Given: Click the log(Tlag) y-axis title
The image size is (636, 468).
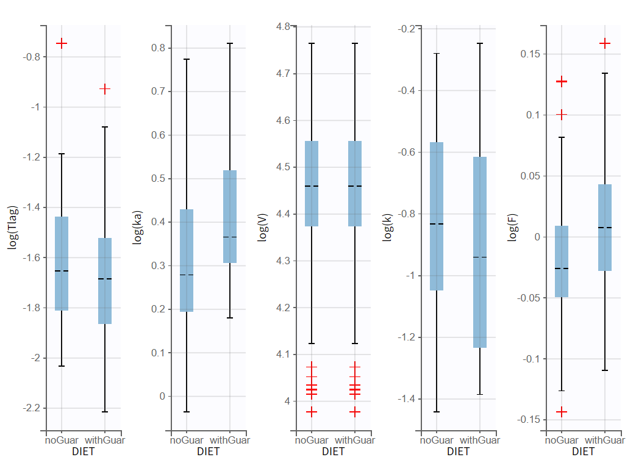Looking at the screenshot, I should coord(12,228).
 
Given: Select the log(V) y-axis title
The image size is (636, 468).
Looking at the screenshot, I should coord(262,228).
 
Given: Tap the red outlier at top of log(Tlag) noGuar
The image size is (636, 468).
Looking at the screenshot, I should coord(62,43).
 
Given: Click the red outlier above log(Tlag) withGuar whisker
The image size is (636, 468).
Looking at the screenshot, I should coord(105,89).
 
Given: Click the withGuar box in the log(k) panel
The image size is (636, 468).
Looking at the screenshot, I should coord(480,252).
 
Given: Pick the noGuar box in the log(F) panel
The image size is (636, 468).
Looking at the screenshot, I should coord(562,261).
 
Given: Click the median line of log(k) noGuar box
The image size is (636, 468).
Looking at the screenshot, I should coord(437,224).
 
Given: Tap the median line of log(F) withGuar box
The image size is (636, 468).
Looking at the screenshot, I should coord(605,228).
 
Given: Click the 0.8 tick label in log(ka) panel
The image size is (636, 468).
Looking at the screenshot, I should coord(158,48).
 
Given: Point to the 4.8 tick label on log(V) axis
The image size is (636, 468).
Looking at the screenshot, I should coord(283,27).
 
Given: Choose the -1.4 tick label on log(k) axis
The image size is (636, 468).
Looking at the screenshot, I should coord(407,399).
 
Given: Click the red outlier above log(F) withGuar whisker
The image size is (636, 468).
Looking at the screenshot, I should coord(605,43).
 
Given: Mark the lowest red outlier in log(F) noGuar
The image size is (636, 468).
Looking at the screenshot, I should coord(562,412).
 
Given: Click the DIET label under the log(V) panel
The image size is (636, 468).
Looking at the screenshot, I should coord(334,452).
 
